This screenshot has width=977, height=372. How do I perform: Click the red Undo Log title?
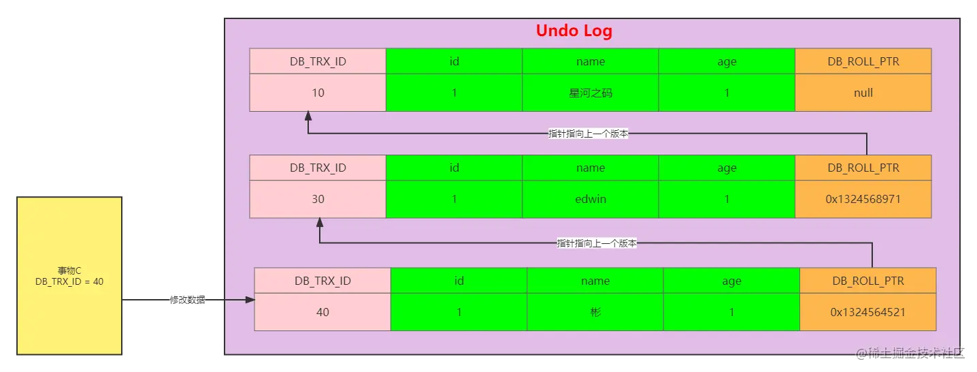[574, 31]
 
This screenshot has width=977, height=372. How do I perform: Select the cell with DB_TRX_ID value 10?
[318, 93]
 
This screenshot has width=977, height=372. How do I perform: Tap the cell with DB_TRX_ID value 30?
[318, 199]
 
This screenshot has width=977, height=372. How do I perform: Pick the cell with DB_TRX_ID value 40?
[322, 312]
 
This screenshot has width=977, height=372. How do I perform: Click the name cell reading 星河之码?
[591, 93]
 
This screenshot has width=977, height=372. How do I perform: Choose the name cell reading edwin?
[591, 199]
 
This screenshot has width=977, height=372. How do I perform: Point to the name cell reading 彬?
[595, 312]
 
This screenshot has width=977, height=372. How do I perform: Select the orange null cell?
[863, 93]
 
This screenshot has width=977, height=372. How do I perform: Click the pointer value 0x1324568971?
[863, 199]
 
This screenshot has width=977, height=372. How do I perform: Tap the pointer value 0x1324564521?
[867, 312]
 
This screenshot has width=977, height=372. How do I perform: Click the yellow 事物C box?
[69, 276]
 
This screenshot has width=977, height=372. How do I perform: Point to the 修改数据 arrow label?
[187, 300]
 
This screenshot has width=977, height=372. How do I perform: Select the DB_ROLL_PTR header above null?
[863, 61]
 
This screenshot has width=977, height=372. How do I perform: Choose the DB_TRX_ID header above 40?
[322, 281]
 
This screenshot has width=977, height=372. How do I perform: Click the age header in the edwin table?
[727, 168]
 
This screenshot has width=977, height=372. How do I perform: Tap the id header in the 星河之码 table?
[454, 61]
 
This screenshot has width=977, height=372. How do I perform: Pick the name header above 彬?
[595, 281]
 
